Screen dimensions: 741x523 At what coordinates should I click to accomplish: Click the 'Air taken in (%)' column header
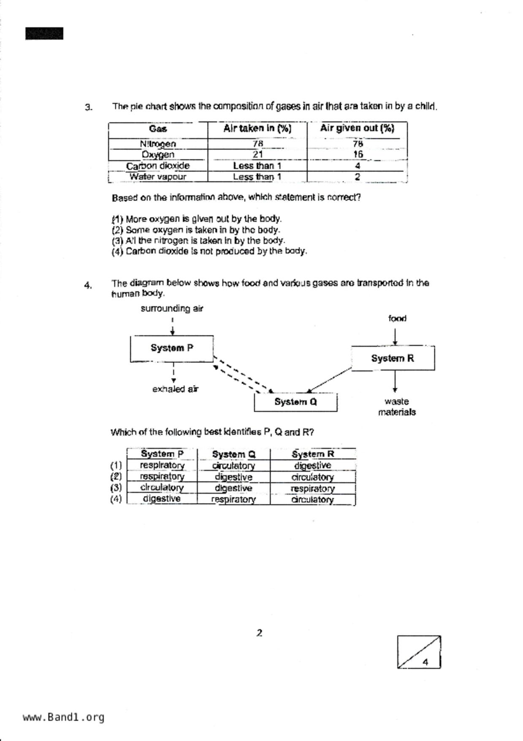pos(257,128)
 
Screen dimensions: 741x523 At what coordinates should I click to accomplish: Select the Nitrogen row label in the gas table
pos(158,144)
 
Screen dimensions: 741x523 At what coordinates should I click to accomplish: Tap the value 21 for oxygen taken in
pos(257,154)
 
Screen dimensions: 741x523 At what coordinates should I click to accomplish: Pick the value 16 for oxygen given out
pos(358,154)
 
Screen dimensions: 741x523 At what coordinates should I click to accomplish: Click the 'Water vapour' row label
pos(158,177)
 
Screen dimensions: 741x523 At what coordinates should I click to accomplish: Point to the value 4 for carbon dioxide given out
pos(358,166)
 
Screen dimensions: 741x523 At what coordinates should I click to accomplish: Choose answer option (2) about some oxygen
pos(196,230)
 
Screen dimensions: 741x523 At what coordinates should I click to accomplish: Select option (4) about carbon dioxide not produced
pos(209,251)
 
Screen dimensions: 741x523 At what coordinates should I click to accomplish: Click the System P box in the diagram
pos(172,348)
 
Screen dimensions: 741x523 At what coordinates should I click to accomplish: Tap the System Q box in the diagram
pos(295,402)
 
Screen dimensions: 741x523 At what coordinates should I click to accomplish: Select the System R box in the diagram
pos(393,358)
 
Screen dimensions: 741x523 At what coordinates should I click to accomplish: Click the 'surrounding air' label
pos(172,308)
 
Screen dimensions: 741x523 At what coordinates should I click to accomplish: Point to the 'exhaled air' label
pos(175,389)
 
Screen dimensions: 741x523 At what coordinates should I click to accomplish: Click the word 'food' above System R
pos(397,319)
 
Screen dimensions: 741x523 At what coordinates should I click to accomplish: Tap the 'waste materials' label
pos(397,406)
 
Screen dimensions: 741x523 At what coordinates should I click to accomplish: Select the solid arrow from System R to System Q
pos(330,380)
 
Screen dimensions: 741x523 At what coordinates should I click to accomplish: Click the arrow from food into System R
pos(395,337)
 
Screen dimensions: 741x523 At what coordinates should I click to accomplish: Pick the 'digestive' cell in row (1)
pos(312,466)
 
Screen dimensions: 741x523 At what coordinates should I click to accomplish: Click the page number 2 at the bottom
pos(259,633)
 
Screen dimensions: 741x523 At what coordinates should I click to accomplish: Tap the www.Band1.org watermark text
pos(64,717)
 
